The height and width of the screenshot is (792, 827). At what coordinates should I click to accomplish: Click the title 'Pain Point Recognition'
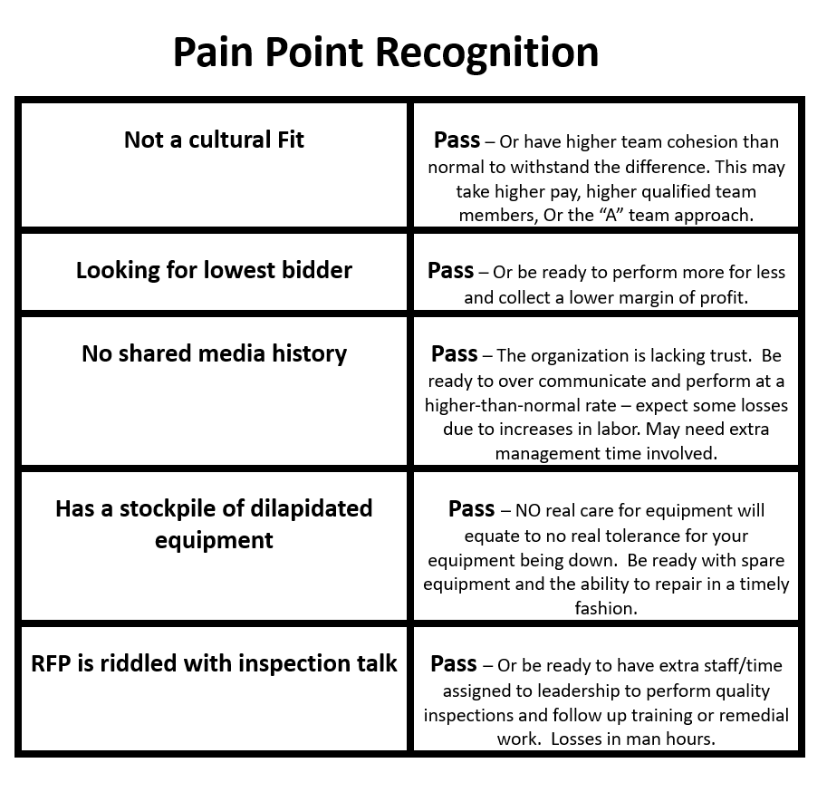[x=386, y=53]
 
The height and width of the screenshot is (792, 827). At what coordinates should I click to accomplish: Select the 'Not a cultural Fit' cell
[x=214, y=140]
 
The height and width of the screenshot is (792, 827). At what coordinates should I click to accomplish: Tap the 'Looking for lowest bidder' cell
[x=214, y=270]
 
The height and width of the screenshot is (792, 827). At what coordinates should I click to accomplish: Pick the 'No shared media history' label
[x=214, y=353]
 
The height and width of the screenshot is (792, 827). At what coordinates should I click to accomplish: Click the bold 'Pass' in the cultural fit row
[x=457, y=140]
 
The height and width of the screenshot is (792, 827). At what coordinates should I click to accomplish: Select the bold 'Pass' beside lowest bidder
[x=450, y=270]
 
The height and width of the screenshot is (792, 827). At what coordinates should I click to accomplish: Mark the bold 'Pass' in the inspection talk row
[x=453, y=663]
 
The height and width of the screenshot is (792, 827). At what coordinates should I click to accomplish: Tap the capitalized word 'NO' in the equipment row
[x=527, y=510]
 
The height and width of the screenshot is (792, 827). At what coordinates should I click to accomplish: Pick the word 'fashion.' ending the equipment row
[x=606, y=608]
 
